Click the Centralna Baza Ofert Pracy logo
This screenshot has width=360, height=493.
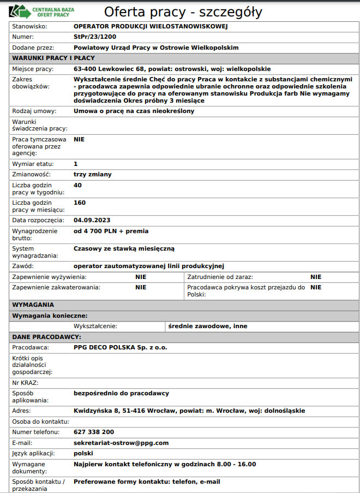point(43,11)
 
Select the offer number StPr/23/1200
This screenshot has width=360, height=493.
point(94,37)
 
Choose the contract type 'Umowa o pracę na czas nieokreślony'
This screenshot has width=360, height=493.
point(134,111)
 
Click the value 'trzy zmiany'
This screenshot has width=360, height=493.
point(92,175)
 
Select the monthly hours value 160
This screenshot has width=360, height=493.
point(80,203)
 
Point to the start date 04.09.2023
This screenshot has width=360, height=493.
point(92,221)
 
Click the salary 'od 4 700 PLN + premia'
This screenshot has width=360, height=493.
point(111,231)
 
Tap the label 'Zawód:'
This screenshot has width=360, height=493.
point(23,266)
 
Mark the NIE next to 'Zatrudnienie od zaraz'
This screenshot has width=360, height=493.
point(316,277)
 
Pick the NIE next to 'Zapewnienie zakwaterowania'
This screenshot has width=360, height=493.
point(141,287)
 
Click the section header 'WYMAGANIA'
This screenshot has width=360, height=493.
point(33,305)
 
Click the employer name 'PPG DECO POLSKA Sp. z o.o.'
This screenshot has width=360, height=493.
point(120,348)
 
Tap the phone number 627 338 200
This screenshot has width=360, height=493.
point(94,432)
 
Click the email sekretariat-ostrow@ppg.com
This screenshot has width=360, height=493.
point(121,443)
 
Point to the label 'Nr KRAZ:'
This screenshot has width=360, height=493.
point(25,383)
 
